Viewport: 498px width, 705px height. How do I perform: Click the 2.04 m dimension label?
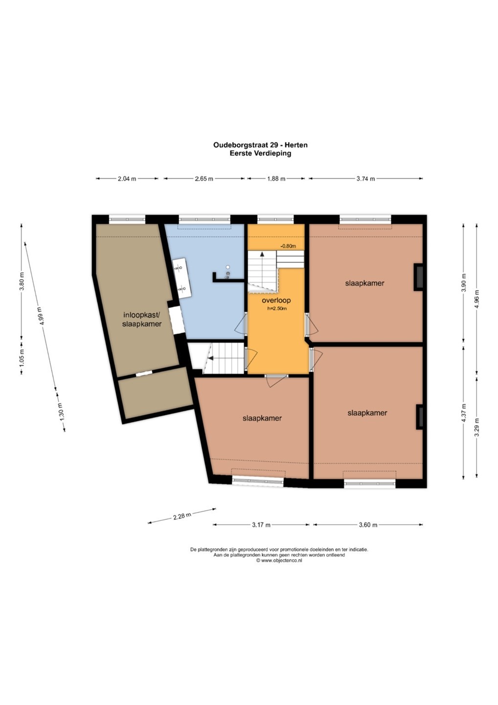127,179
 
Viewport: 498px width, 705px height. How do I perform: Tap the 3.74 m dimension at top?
365,179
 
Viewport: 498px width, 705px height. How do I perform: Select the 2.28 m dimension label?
182,516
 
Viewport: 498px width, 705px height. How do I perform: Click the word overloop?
276,300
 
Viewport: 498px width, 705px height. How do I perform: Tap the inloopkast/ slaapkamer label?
142,319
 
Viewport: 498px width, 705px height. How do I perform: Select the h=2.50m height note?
277,308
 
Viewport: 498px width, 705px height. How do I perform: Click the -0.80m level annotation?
288,246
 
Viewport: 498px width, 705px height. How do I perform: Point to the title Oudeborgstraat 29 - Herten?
260,145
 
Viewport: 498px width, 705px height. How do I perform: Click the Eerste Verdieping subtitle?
260,154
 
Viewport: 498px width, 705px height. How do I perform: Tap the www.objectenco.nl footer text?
279,561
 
